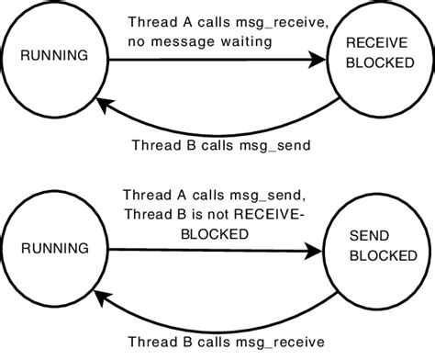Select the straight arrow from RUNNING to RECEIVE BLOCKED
click(x=211, y=62)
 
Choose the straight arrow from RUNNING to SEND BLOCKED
click(x=211, y=250)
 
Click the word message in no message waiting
click(x=192, y=42)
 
